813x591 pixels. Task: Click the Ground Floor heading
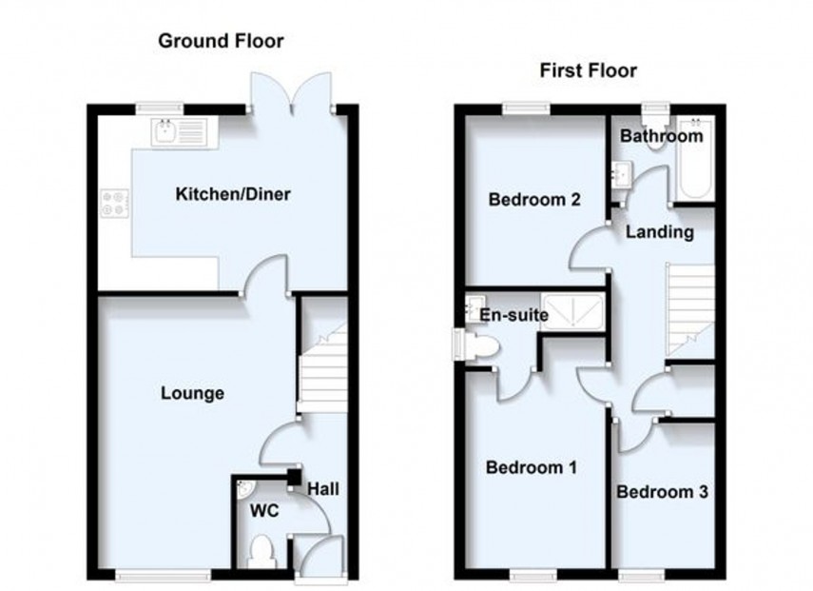tap(221, 40)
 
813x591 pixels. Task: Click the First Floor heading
tap(588, 69)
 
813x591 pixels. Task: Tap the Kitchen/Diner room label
tap(233, 195)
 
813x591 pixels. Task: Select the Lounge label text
tap(192, 393)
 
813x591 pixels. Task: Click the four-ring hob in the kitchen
tap(115, 203)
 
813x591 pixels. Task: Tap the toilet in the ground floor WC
tap(260, 550)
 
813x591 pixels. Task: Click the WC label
tap(263, 511)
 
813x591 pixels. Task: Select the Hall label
tap(321, 489)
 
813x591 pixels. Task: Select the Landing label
tap(658, 231)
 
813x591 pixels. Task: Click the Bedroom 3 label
tap(662, 492)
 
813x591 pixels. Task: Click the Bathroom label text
tap(662, 137)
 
